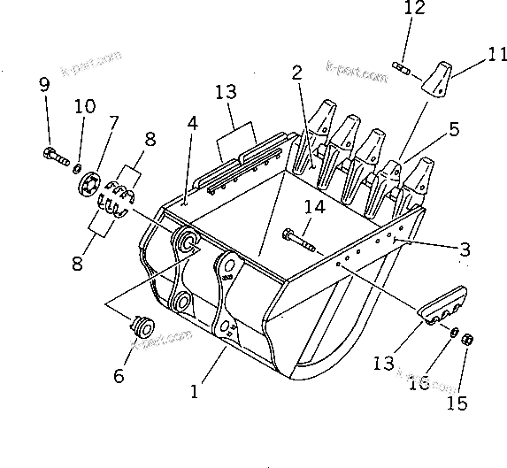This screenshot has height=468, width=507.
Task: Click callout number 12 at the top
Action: tap(413, 10)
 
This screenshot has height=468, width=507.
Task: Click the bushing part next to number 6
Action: tap(139, 327)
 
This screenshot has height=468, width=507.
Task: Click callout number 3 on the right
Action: tap(465, 249)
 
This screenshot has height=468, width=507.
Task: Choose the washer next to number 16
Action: tap(453, 332)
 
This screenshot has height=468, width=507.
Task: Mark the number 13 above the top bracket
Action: tap(227, 91)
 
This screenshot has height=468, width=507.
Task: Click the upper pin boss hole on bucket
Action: tap(187, 240)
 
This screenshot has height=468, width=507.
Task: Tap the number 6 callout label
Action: tap(119, 375)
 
